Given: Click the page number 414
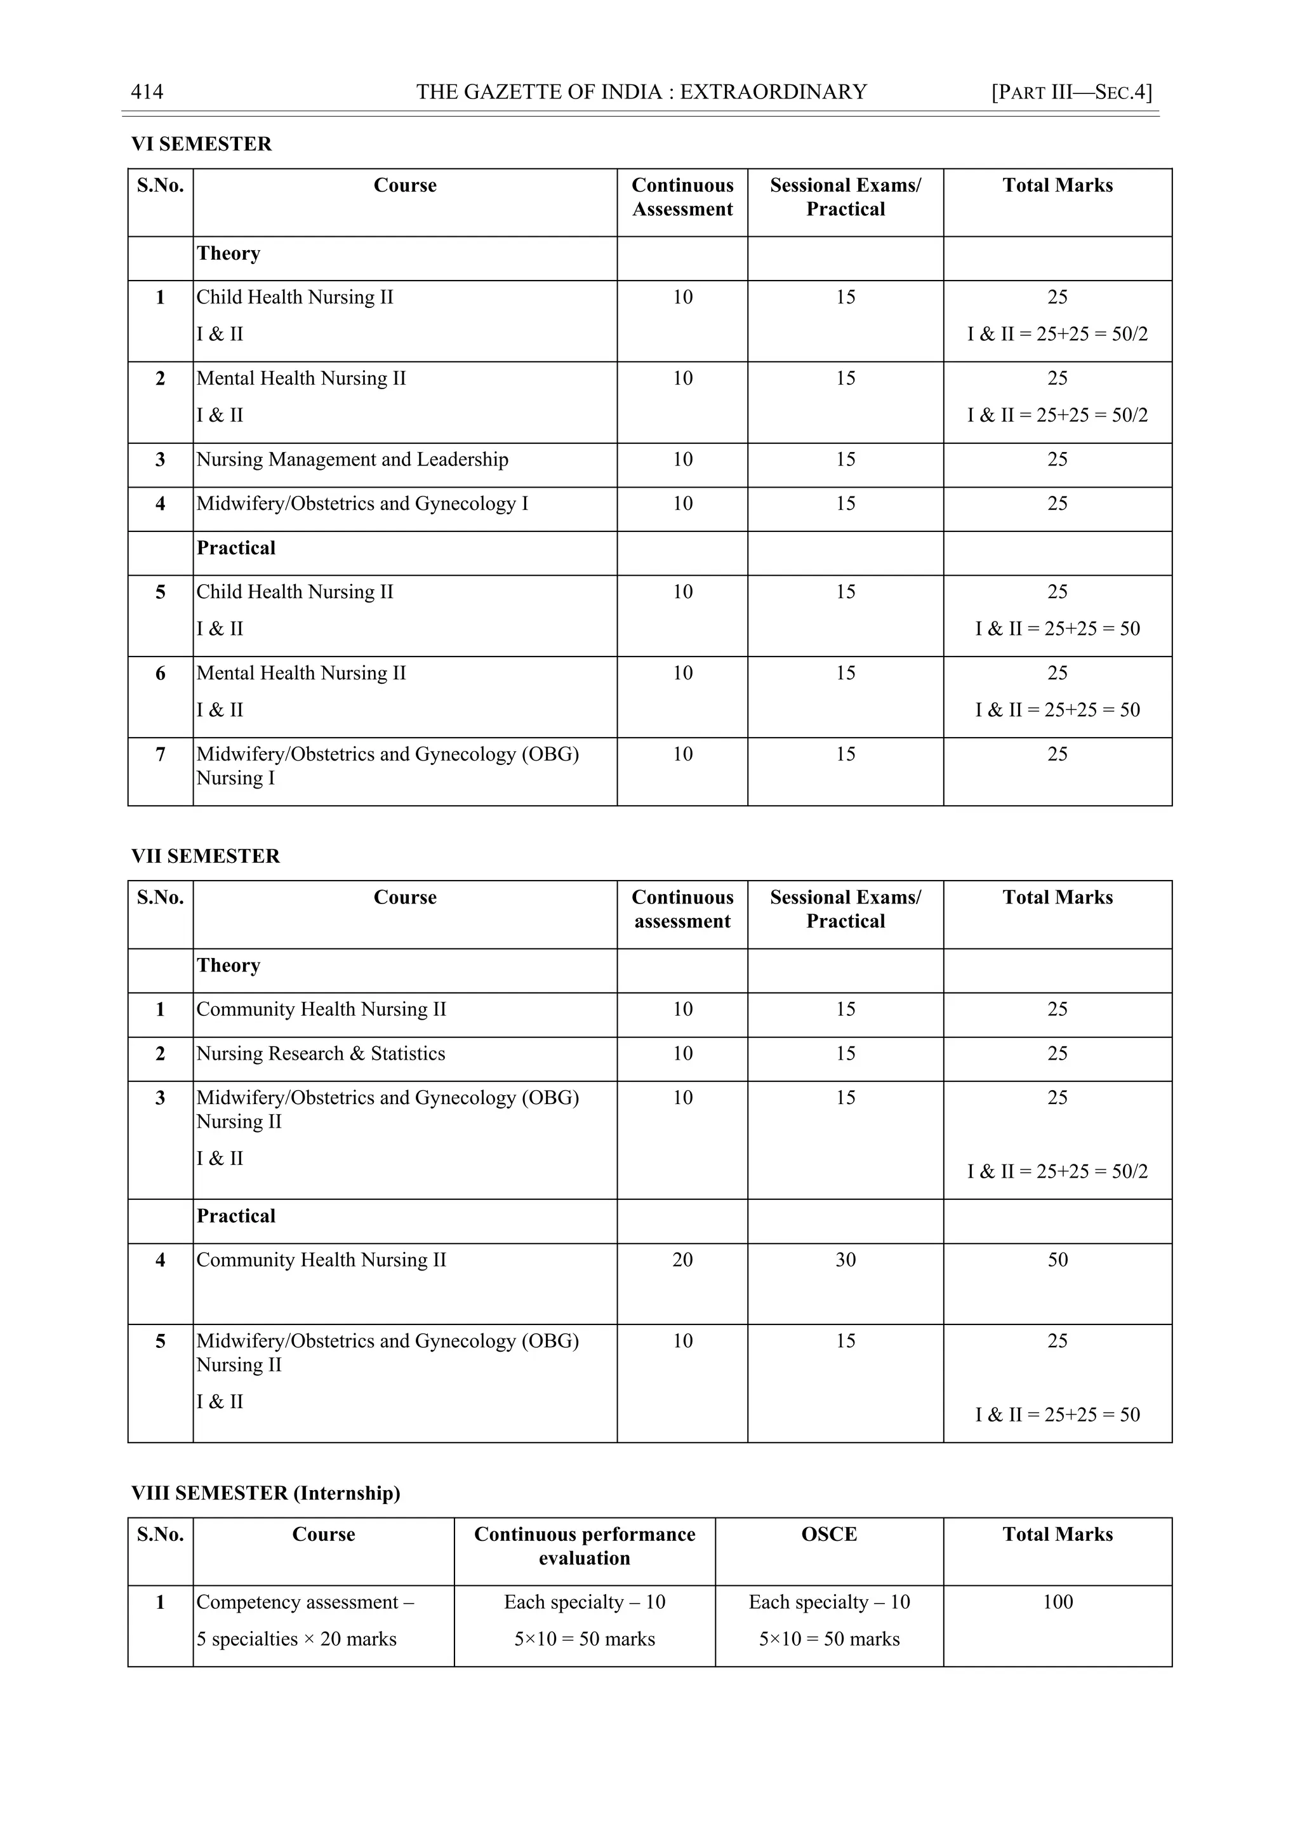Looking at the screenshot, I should coord(147,92).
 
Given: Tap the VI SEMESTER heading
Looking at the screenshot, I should coord(201,144).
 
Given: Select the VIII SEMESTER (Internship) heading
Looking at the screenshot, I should coord(265,1493).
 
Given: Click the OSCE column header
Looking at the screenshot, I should coord(828,1534).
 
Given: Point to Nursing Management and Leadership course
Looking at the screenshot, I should coord(352,460).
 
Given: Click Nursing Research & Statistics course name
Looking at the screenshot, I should coord(320,1053).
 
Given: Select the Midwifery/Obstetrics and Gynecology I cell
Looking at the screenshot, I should coord(362,503).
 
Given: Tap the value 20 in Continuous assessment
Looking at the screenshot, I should coord(682,1260).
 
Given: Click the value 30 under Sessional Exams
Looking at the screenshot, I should coord(846,1260).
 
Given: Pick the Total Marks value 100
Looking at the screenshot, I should coord(1057,1602).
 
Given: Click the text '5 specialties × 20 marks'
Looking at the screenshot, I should coord(296,1639).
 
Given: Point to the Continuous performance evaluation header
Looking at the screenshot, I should coord(585,1546).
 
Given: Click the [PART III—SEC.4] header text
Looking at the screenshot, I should coord(1071,92).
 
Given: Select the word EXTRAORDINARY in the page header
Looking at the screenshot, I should coord(773,92).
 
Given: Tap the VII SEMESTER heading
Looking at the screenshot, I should coord(205,856).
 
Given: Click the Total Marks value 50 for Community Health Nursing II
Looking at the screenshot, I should coord(1057,1260).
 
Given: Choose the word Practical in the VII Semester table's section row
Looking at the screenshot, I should coord(235,1216).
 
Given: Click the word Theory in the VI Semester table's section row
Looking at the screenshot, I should coord(228,254).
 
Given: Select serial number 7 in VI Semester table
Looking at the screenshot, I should coord(160,754).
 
